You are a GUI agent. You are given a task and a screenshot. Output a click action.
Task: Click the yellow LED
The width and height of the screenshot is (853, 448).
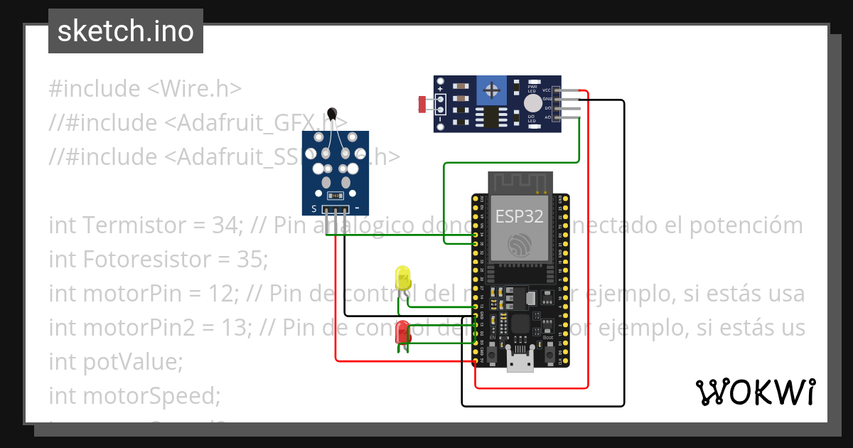click(x=402, y=277)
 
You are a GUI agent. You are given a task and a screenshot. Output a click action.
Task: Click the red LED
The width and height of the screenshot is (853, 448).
click(x=402, y=332)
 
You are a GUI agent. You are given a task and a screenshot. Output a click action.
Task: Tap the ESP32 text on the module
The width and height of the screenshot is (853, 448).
click(x=519, y=217)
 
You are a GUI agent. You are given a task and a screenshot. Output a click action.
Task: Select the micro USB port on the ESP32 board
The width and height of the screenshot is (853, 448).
click(x=520, y=363)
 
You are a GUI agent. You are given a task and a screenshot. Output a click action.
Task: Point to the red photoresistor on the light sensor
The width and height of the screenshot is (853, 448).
click(x=422, y=105)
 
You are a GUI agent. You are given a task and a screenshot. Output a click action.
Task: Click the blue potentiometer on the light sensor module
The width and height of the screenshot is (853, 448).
click(x=490, y=90)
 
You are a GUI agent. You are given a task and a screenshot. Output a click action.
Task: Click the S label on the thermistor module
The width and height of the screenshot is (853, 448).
click(x=313, y=209)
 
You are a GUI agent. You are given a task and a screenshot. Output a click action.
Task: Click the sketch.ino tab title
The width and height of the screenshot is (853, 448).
click(x=126, y=31)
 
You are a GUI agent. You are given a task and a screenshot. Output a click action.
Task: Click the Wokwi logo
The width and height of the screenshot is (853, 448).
click(x=755, y=392)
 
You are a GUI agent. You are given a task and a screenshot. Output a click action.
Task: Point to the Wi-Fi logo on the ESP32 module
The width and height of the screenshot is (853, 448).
click(x=520, y=245)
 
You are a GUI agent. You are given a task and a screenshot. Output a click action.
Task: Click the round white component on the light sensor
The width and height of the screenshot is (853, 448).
click(x=532, y=103)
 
